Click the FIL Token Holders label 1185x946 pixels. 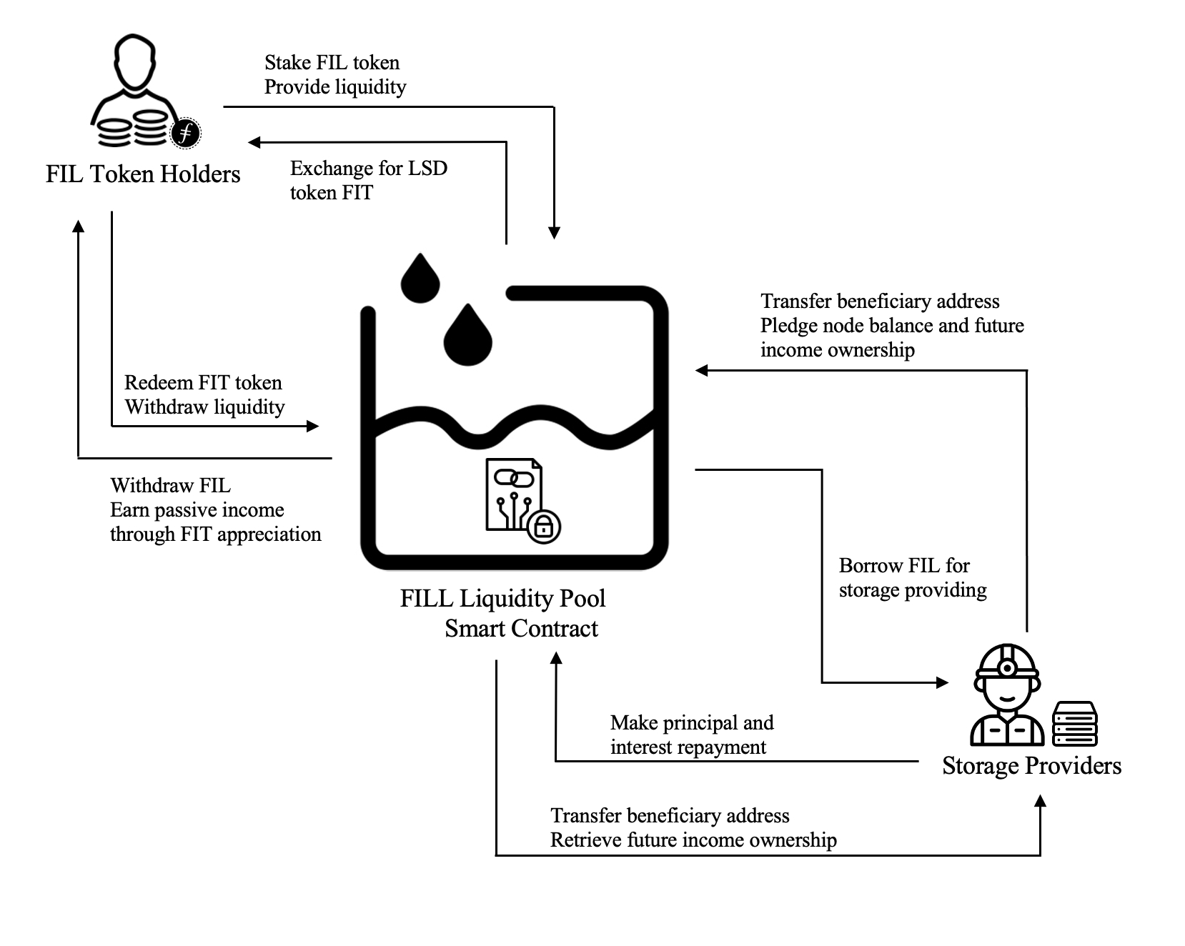point(143,174)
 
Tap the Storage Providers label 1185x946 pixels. point(1031,766)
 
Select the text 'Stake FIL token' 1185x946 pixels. point(332,63)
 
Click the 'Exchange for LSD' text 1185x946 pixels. point(368,169)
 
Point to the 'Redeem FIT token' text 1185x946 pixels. point(203,383)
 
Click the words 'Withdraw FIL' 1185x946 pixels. point(170,486)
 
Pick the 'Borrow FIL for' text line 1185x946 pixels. point(904,566)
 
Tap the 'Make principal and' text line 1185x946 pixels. point(692,723)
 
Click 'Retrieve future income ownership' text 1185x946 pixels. point(693,840)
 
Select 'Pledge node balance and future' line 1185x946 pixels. point(892,326)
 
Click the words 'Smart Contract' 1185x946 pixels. point(521,629)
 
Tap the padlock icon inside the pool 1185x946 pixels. point(544,527)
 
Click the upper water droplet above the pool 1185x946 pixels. point(420,279)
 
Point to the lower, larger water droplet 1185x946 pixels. point(468,336)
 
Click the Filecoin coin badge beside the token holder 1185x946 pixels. point(185,133)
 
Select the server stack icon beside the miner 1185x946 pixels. point(1074,723)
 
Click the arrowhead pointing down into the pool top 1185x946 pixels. point(554,233)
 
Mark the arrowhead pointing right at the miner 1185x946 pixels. point(942,682)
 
